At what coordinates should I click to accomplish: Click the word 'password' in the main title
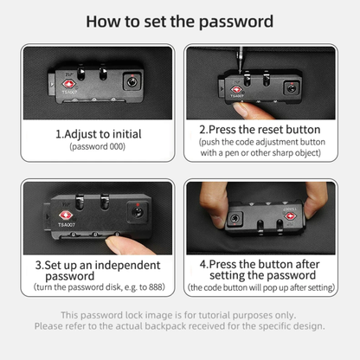coord(236,22)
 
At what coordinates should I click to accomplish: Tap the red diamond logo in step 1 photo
coord(69,84)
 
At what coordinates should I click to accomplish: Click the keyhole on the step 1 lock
coord(132,82)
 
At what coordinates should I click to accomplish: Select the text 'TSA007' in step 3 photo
coord(67,225)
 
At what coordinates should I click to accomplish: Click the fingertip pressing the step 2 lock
coord(245,111)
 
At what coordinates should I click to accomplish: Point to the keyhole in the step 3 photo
coord(138,212)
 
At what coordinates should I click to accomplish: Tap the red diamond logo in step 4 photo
coord(290,216)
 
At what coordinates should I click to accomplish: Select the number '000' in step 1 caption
coord(117,146)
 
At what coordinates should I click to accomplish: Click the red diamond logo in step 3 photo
coord(65,215)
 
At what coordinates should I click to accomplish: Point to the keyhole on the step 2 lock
coord(292,87)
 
